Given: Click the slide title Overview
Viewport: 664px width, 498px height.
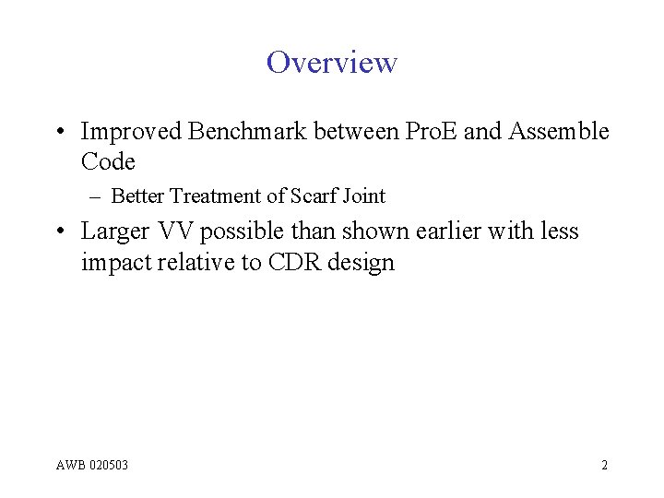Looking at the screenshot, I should pos(332,63).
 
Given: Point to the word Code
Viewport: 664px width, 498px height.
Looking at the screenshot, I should pos(108,161).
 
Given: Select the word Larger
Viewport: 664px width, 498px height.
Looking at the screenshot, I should pos(115,231).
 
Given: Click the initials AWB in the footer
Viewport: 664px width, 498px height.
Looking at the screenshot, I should pos(72,465).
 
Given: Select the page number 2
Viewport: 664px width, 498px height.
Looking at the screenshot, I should pos(604,465).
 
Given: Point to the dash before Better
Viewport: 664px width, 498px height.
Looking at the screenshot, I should pos(97,196).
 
